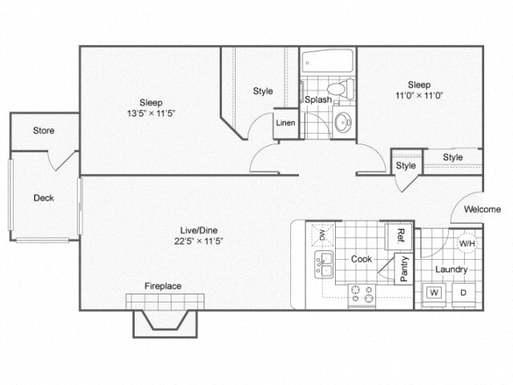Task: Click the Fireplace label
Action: coord(163,286)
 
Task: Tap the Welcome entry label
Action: coord(483,209)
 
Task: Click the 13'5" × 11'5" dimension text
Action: coord(151,114)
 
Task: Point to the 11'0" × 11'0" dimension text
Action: coord(419,95)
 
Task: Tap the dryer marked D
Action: coord(463,293)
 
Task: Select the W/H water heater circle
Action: coord(466,243)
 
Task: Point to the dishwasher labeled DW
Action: coord(322,235)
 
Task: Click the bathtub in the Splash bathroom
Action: coord(327,62)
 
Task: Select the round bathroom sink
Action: coord(343,123)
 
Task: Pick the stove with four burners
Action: coord(362,296)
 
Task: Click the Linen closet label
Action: coord(285,124)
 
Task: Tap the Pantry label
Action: coord(403,269)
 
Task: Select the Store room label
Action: coord(43,130)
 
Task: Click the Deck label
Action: coord(43,197)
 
